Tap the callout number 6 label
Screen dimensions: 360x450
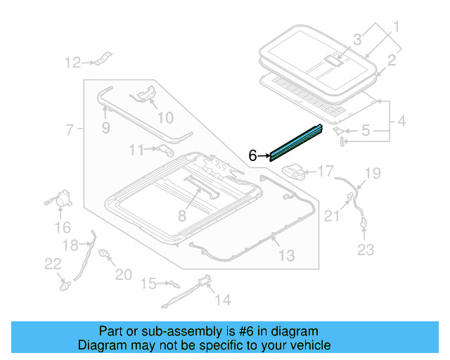click(252, 156)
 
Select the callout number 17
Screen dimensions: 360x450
click(326, 170)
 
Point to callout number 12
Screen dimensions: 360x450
click(73, 63)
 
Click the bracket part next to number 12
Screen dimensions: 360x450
click(102, 59)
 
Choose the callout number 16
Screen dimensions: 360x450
click(63, 227)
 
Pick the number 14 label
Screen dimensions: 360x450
click(222, 301)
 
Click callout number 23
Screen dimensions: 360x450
click(366, 249)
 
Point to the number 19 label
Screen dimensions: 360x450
click(372, 172)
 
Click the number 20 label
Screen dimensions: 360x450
click(123, 274)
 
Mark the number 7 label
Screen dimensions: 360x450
click(70, 129)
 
